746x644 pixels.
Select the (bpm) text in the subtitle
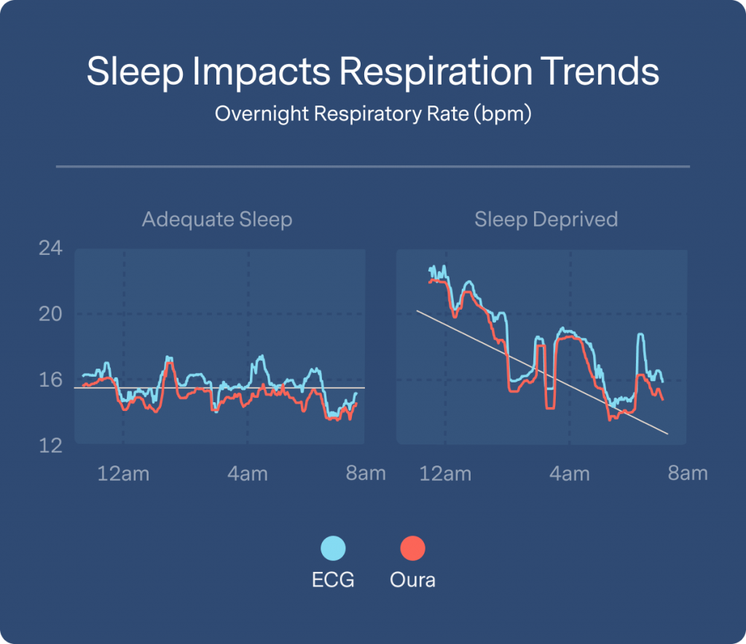click(x=502, y=114)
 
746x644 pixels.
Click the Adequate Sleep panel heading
click(x=217, y=219)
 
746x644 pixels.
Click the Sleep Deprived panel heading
click(x=546, y=219)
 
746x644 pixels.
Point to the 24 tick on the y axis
click(x=50, y=249)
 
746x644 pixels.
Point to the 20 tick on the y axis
click(x=50, y=314)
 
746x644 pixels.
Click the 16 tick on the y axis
click(x=50, y=380)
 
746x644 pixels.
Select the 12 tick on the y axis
click(x=50, y=444)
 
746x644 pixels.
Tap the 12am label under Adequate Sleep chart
click(x=123, y=474)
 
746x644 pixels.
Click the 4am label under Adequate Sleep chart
click(x=248, y=474)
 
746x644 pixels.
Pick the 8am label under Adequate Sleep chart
click(x=366, y=474)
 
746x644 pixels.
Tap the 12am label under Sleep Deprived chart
click(x=445, y=474)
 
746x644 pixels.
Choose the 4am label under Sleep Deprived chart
click(x=570, y=474)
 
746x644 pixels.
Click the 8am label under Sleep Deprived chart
click(x=688, y=474)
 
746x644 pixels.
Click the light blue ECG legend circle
click(x=333, y=548)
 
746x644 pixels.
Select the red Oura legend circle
click(x=412, y=548)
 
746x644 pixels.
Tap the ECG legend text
click(x=333, y=581)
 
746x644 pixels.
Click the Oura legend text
click(x=412, y=581)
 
